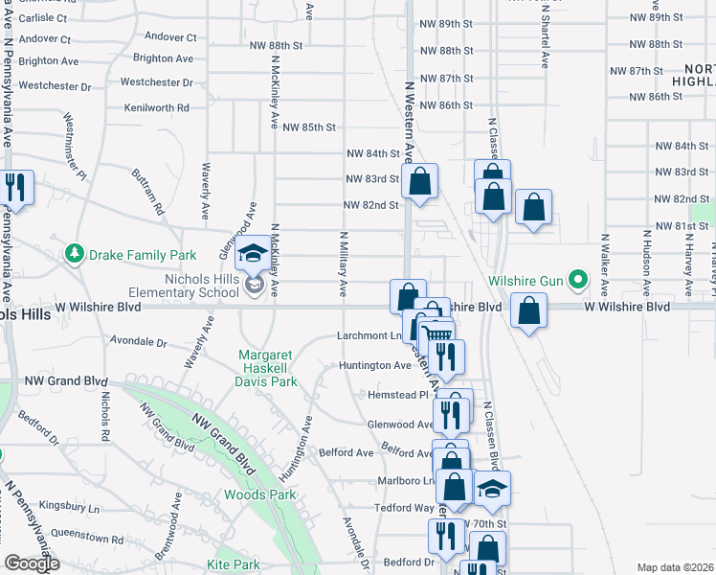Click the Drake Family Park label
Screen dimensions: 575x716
[142, 255]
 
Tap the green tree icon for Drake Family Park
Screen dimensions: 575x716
[74, 254]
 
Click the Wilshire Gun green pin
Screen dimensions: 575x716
[577, 281]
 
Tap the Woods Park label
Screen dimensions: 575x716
[259, 494]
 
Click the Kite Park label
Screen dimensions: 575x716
[234, 565]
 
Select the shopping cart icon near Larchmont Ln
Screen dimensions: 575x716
[437, 336]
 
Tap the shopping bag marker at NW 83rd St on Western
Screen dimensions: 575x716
[419, 180]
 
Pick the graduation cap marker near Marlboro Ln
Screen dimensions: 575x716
[491, 488]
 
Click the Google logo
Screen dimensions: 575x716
[32, 563]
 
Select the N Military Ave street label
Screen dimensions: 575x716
[343, 263]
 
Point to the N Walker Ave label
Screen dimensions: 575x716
[605, 264]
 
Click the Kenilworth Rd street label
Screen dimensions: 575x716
[156, 108]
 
